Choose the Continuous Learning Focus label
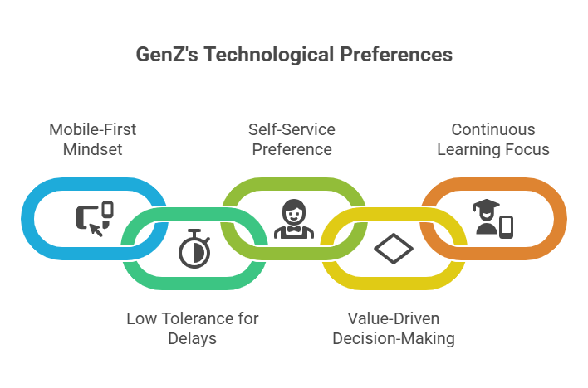click(x=492, y=139)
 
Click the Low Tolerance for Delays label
click(x=192, y=328)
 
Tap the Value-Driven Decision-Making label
click(x=393, y=328)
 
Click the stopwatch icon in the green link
click(x=192, y=250)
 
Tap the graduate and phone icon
click(x=493, y=217)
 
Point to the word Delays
click(x=192, y=338)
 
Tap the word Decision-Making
click(x=393, y=338)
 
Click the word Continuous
click(x=492, y=129)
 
